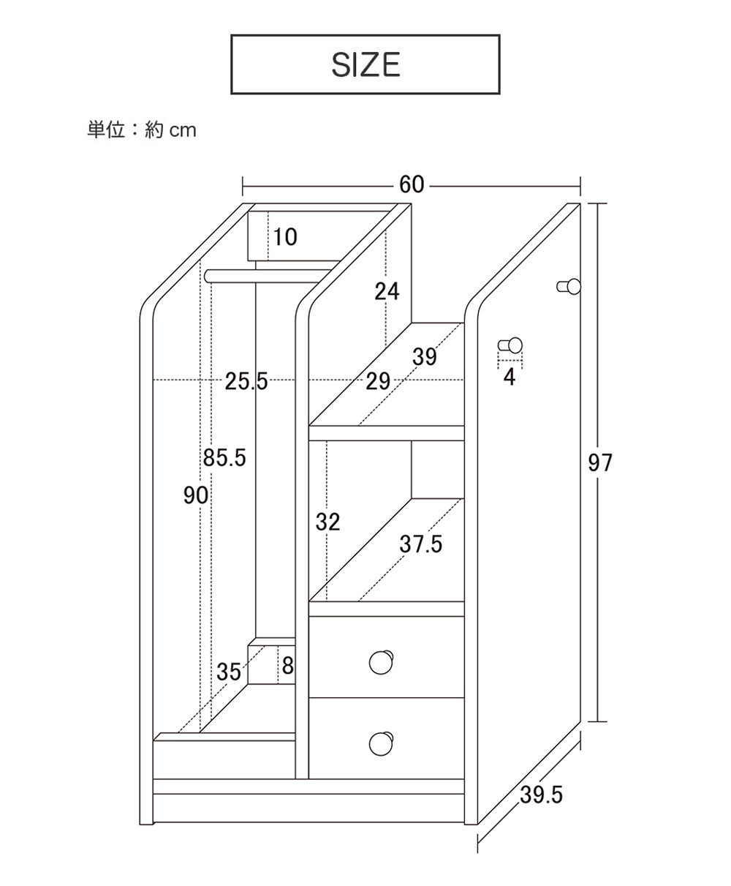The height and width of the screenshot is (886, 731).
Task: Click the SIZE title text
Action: [365, 64]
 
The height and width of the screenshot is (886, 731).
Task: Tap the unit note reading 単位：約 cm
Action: [142, 130]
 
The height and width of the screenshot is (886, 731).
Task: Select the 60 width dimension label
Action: [412, 184]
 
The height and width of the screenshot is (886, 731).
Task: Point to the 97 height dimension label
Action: [600, 462]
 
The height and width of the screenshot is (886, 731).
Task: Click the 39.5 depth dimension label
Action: [542, 795]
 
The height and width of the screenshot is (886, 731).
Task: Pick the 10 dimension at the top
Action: [286, 237]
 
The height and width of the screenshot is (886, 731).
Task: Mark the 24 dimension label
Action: [387, 291]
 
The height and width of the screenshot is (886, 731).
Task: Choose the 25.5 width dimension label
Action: [246, 380]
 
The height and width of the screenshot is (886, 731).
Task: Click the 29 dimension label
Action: [377, 380]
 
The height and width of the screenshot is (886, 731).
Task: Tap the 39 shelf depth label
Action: [424, 357]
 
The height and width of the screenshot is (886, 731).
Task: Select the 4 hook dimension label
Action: [510, 378]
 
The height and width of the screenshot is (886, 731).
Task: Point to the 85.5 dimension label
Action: [224, 459]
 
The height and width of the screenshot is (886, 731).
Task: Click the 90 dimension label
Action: [196, 496]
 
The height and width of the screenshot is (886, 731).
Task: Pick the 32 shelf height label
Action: [328, 522]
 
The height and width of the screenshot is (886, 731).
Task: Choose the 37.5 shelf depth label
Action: [421, 544]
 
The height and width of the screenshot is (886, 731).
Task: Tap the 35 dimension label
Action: [229, 672]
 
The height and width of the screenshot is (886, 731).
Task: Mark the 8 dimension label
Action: [287, 666]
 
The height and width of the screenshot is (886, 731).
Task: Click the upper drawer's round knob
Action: [382, 661]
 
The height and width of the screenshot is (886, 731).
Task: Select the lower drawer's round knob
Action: [382, 742]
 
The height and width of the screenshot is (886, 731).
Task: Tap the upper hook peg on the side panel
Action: [569, 286]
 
